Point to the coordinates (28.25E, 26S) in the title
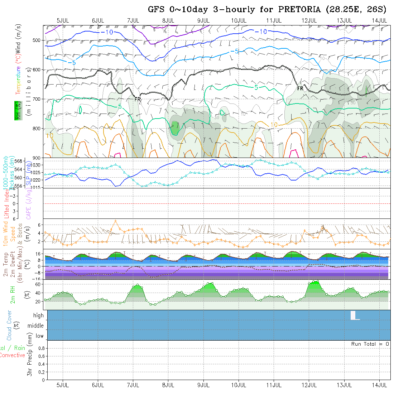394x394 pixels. pyautogui.click(x=356, y=10)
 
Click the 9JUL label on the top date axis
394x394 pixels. pyautogui.click(x=203, y=20)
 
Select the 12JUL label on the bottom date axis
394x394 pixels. pyautogui.click(x=309, y=385)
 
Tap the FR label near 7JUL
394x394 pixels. pyautogui.click(x=138, y=99)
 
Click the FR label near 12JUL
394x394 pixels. pyautogui.click(x=300, y=88)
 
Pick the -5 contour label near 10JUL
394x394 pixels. pyautogui.click(x=234, y=51)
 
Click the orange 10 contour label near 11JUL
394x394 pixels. pyautogui.click(x=274, y=125)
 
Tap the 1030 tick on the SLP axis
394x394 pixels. pyautogui.click(x=37, y=165)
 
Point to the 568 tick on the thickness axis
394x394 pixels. pyautogui.click(x=20, y=160)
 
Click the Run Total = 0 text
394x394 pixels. pyautogui.click(x=370, y=344)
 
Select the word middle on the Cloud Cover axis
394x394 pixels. pyautogui.click(x=35, y=326)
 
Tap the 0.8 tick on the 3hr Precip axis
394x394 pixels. pyautogui.click(x=40, y=348)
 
